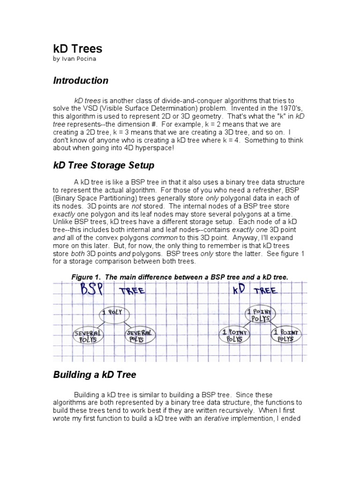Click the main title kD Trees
pos(77,48)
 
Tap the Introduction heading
pos(80,81)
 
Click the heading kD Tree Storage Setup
pos(103,165)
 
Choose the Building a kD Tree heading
pos(95,375)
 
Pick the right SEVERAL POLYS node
pos(139,335)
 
